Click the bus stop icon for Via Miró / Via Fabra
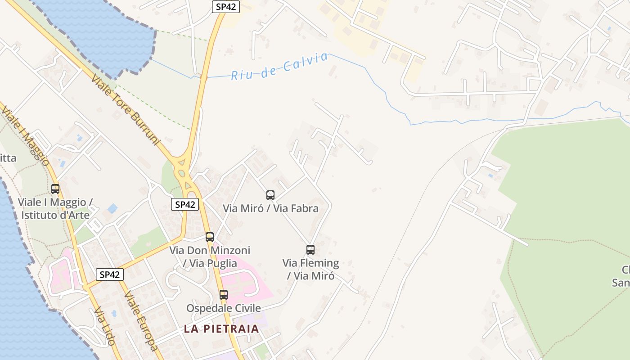tap(270, 195)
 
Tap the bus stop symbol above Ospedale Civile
tap(224, 295)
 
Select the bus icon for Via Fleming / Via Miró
tap(310, 250)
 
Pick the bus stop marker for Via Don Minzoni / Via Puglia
tap(210, 237)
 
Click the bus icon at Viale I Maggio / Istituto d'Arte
tap(55, 189)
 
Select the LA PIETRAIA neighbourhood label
tap(221, 328)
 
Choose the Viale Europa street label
tap(141, 320)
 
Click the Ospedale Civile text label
tap(224, 308)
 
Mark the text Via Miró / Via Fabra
tap(271, 208)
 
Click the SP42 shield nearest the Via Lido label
tap(110, 274)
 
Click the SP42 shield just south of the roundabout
tap(185, 204)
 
